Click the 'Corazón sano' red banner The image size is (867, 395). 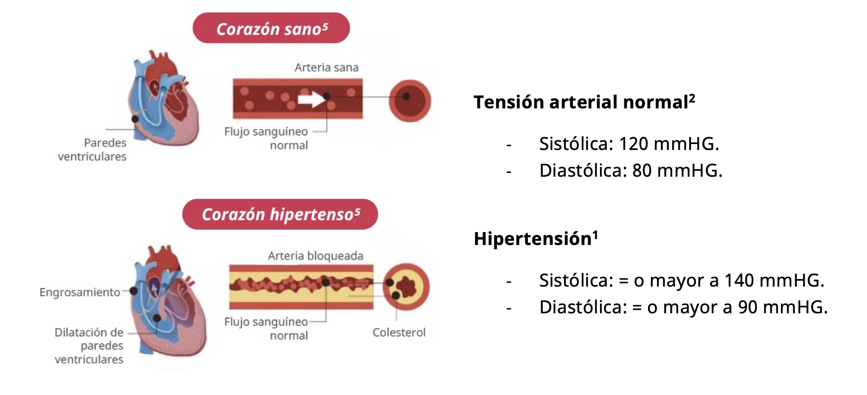tap(271, 28)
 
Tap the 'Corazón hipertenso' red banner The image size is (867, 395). tap(280, 214)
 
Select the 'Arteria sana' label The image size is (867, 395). tap(326, 67)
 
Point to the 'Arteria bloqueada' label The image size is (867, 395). tap(315, 256)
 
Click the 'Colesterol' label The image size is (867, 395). tap(399, 333)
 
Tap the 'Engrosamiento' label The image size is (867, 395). tap(80, 293)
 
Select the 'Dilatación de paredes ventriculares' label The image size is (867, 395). tap(89, 346)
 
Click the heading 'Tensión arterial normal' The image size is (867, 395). tap(584, 102)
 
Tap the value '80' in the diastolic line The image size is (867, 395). tap(642, 171)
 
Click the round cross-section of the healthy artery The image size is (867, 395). tap(410, 100)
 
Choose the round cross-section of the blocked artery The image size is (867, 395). tap(406, 287)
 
